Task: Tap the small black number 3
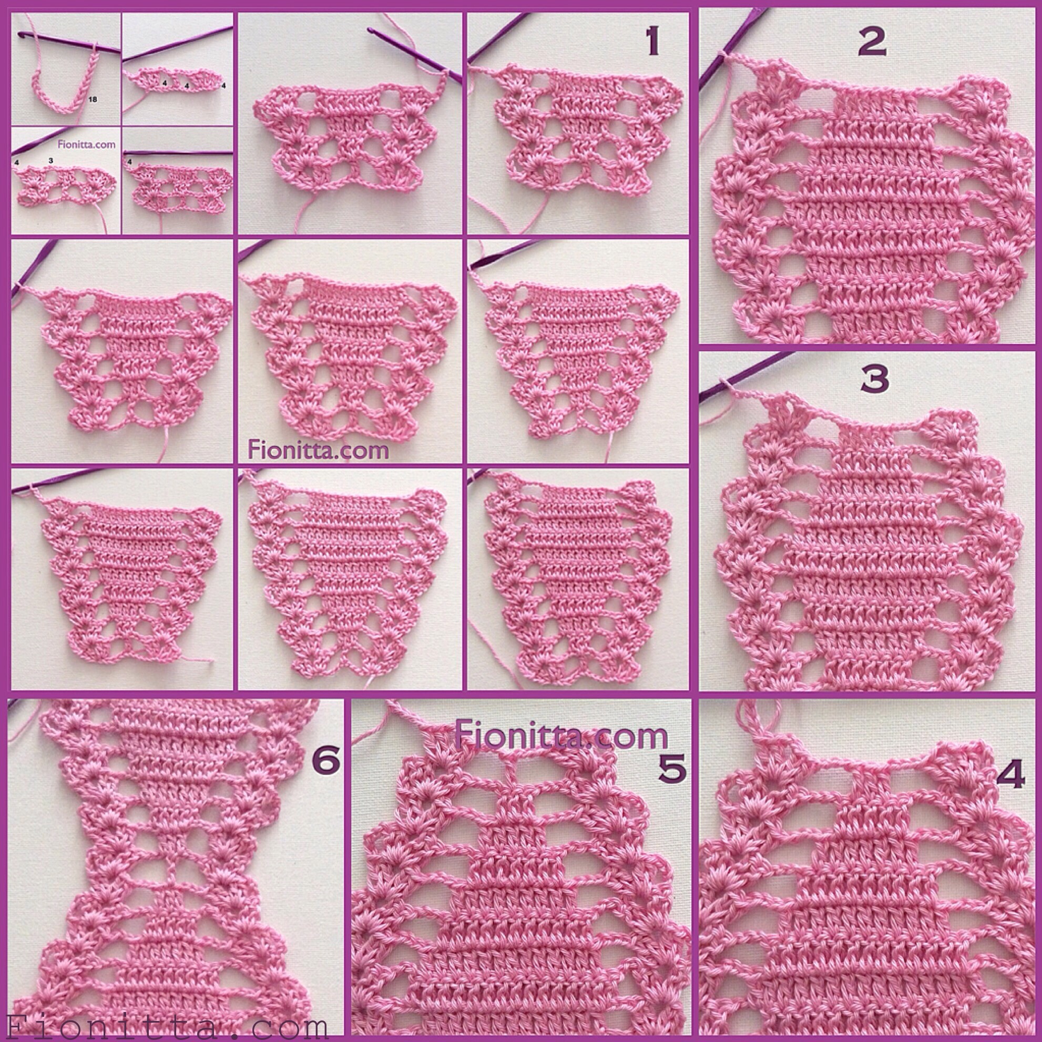point(50,160)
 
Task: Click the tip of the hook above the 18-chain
point(19,34)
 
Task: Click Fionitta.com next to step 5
point(561,734)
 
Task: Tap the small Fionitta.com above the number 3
point(86,145)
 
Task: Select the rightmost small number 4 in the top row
point(223,85)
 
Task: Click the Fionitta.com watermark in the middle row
point(318,449)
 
